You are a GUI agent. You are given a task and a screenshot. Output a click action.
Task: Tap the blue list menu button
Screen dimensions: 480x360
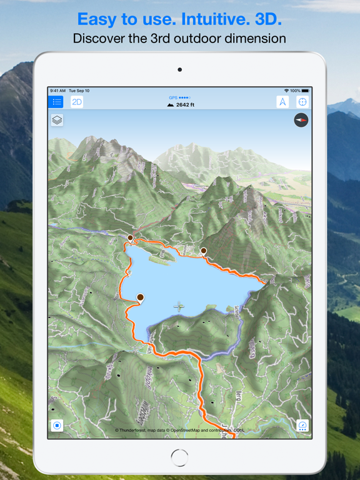[x=57, y=102]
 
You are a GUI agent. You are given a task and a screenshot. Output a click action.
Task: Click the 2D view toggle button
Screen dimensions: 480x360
[x=77, y=102]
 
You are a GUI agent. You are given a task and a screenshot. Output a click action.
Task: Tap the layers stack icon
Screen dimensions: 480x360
[x=57, y=120]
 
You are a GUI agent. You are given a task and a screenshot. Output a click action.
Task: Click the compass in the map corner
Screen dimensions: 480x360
[x=301, y=120]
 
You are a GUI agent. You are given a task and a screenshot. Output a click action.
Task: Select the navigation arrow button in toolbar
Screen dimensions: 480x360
[x=282, y=102]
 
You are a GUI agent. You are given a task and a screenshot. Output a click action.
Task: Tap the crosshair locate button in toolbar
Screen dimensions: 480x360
[x=302, y=102]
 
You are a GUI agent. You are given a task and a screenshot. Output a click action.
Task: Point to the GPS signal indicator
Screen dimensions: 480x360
[x=180, y=97]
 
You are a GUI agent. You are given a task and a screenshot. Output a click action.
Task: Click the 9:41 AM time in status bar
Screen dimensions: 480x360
[x=57, y=91]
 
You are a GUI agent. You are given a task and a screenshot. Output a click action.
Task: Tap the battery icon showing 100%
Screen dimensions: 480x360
[x=306, y=91]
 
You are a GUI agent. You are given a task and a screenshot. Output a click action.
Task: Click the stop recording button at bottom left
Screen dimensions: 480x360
[x=57, y=426]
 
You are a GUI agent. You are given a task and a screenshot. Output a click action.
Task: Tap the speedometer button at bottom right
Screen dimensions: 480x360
[x=302, y=426]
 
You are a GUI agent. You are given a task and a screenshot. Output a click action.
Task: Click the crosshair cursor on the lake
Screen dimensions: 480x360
[x=179, y=306]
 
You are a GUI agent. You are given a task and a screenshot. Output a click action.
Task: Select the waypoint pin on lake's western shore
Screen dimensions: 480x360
[x=141, y=298]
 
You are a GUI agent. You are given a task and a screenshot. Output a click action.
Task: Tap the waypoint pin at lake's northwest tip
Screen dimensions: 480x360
[x=131, y=238]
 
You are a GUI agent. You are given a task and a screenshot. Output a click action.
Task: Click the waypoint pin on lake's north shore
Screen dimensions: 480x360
[x=204, y=251]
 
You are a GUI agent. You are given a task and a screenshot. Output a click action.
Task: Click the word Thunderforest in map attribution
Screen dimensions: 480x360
[x=136, y=431]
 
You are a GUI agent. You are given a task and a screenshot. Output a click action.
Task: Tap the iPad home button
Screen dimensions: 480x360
[x=179, y=458]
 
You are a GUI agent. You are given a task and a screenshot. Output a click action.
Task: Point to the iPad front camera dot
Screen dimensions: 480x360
[x=180, y=69]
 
